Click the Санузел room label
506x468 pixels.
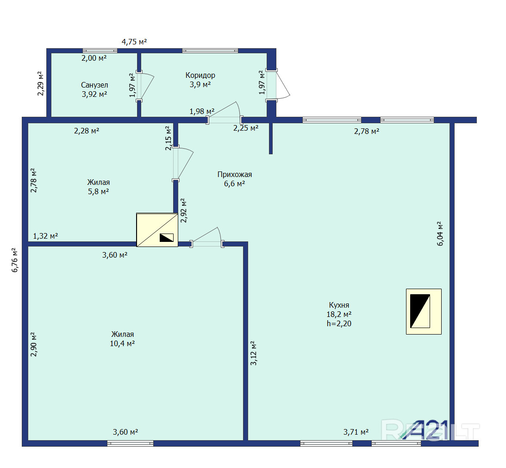[x=94, y=85]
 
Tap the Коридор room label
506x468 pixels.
[x=200, y=75]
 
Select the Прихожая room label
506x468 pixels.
[x=235, y=174]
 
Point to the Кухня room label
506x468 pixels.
[x=339, y=305]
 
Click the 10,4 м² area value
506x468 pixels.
[x=122, y=343]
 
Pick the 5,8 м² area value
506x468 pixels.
[x=99, y=191]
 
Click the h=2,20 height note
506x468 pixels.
[x=339, y=323]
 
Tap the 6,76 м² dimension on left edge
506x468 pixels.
[x=15, y=260]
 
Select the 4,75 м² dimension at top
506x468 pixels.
[x=134, y=42]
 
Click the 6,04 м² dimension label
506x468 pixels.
[x=440, y=234]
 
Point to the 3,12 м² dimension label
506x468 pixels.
[x=254, y=353]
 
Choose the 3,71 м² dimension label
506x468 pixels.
[x=356, y=432]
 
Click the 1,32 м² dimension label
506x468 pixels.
[x=45, y=236]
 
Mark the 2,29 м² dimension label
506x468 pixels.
[x=40, y=83]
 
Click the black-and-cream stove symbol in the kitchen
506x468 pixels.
[x=424, y=311]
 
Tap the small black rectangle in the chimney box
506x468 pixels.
[x=167, y=237]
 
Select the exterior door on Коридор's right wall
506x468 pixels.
[x=277, y=85]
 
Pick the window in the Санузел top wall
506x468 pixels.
[x=100, y=51]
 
